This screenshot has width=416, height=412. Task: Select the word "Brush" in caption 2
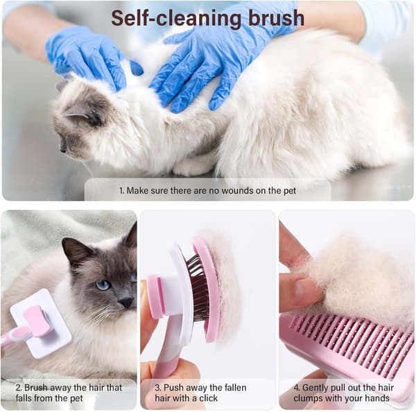36,388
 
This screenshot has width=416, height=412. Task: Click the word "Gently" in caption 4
315,388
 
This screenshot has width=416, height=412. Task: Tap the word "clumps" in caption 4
308,398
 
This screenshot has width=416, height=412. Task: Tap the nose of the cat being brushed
125,302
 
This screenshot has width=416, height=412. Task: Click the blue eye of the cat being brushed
103,285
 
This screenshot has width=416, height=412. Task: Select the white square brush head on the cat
41,324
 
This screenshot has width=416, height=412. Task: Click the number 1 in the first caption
121,191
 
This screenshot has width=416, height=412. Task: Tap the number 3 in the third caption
158,388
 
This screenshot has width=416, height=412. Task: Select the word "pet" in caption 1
290,191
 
